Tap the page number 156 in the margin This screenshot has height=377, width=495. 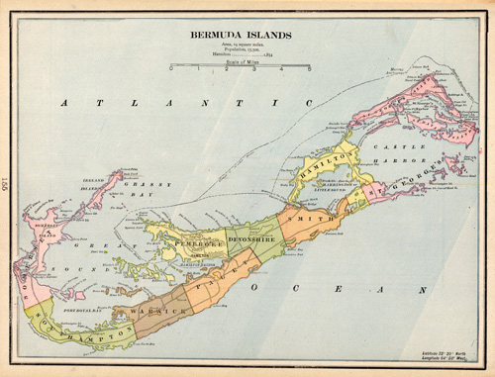pyautogui.click(x=7, y=183)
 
